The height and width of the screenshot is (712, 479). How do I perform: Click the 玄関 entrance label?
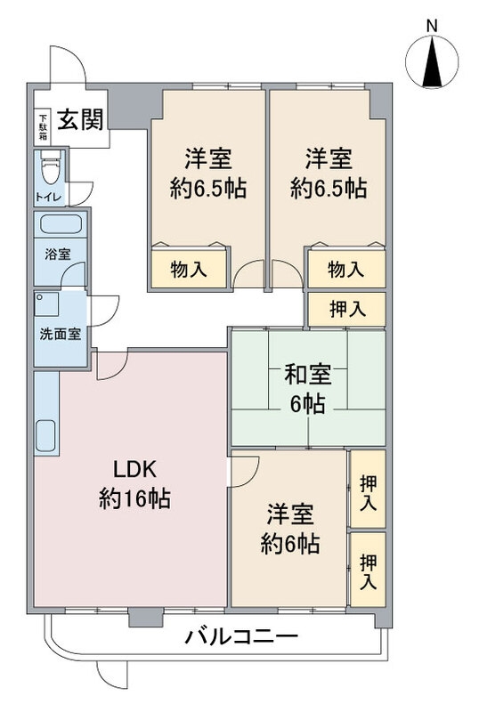[x=80, y=119]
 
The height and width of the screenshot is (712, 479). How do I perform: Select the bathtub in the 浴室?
[x=61, y=224]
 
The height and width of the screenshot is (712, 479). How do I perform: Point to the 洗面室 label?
[x=61, y=335]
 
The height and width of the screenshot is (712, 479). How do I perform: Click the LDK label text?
[x=135, y=470]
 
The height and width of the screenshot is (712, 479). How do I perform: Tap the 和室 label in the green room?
[x=308, y=375]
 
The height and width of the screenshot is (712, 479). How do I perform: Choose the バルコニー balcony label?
[x=241, y=636]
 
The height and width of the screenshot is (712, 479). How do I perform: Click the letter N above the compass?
[x=432, y=27]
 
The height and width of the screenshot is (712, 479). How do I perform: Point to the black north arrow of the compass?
[x=432, y=63]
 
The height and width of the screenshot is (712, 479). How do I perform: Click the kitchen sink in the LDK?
[x=45, y=435]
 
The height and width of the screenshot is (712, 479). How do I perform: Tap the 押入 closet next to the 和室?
[x=346, y=309]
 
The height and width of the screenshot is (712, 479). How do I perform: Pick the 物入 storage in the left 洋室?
[x=189, y=270]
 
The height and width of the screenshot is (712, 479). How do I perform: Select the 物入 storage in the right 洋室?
[x=346, y=270]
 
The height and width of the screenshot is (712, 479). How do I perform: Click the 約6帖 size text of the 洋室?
[x=290, y=543]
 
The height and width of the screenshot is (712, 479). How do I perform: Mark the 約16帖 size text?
[x=135, y=498]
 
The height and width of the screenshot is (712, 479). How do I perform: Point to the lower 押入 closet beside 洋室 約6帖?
[x=368, y=570]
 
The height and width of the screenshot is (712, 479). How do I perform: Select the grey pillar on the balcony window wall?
[x=146, y=618]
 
